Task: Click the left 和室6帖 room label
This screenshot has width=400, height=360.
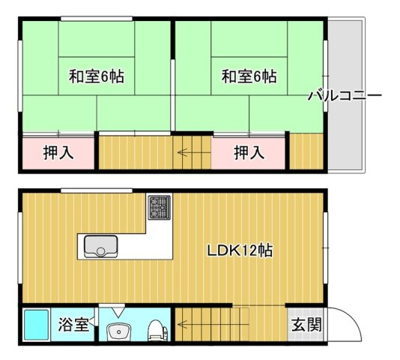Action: pos(97,76)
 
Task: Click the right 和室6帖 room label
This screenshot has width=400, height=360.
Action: pos(249,76)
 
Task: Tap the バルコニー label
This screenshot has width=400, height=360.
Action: pos(345,96)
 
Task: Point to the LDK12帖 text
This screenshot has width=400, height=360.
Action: pos(240,250)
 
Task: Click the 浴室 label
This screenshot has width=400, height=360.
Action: pos(74,325)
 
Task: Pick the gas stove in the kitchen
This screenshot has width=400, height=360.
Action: pos(159,208)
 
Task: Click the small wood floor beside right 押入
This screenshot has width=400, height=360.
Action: pos(306,152)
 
